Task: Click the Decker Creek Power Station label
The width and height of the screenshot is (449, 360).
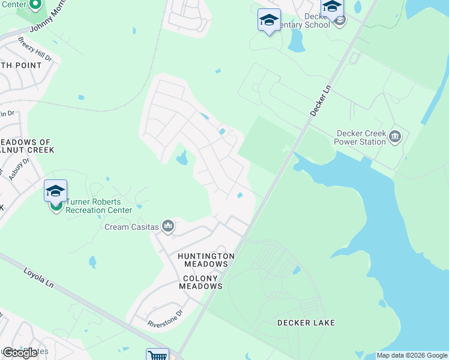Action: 361,137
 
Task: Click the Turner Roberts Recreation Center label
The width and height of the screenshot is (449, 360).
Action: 98,206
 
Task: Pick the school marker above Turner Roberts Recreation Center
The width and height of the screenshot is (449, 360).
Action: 55,191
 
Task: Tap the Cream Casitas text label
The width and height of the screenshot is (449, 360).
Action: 131,227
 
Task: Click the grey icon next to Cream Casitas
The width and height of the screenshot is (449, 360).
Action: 167,226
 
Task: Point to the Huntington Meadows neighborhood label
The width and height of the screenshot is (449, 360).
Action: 206,260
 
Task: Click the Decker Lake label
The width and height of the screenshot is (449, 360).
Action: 306,323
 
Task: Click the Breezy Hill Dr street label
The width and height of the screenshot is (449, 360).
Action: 34,49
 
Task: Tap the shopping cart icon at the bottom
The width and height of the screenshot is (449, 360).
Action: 157,355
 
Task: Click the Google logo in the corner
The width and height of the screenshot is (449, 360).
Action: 20,353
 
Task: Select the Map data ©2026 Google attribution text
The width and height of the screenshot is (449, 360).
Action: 412,355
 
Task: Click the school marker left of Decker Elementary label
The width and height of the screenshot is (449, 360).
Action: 268,20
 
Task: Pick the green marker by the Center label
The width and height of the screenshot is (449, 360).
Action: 35,5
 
